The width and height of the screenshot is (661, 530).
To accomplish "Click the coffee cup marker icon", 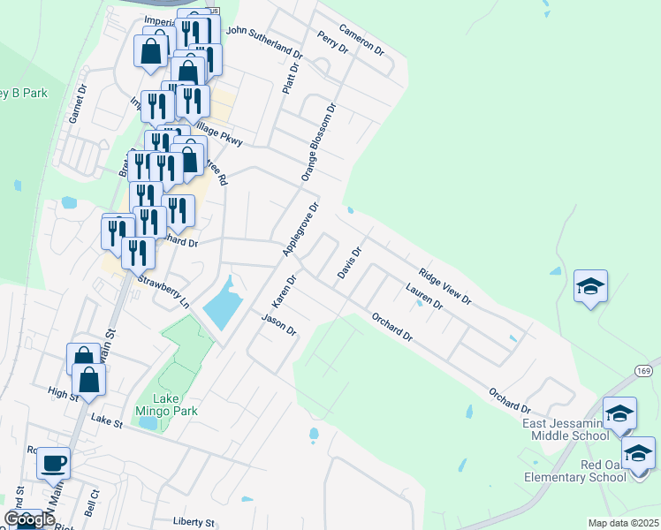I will click(54, 462).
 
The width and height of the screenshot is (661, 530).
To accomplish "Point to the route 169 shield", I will click(643, 374).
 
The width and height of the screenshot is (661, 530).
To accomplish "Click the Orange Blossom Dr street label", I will click(320, 141).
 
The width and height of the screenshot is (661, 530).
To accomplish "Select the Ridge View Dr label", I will click(445, 286).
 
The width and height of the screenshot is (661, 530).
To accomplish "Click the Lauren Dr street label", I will click(423, 297).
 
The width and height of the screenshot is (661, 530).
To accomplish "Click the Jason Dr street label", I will click(278, 324).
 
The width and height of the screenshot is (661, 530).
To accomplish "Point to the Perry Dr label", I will click(333, 42).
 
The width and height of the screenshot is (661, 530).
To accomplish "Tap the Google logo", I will click(29, 519).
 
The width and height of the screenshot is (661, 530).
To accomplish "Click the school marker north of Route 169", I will click(590, 287).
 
